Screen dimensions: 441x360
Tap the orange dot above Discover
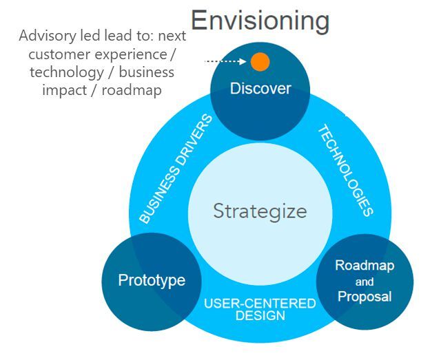click(260, 61)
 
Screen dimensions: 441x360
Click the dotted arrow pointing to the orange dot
click(225, 61)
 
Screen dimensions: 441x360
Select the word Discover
click(260, 89)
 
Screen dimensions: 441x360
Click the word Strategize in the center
click(260, 211)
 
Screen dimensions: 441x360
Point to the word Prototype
click(152, 281)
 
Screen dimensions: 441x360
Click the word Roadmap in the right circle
click(365, 266)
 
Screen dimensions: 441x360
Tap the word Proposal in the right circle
click(365, 297)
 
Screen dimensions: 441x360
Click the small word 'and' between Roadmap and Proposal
click(365, 282)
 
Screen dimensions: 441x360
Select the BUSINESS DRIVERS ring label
click(176, 169)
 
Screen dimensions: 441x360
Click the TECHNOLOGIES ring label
click(346, 170)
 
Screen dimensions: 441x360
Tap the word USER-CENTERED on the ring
click(260, 304)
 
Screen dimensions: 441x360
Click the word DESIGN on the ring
click(260, 315)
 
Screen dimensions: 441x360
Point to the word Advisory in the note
click(48, 36)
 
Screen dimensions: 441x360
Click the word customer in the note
click(59, 54)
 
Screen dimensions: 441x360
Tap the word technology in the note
click(67, 73)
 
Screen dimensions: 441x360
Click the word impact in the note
click(64, 91)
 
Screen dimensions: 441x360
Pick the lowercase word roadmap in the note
click(132, 90)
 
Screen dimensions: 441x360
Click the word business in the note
click(147, 72)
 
